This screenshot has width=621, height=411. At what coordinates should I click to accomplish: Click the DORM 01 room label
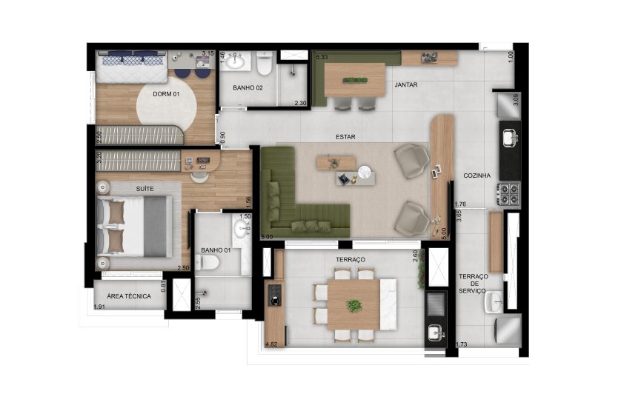tap(166, 94)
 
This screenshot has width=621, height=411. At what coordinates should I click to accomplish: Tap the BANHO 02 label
tap(248, 87)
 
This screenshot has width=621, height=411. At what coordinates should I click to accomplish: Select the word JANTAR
tap(406, 84)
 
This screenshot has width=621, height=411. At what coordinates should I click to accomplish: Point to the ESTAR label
tap(345, 136)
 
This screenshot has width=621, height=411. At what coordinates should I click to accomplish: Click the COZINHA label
tap(477, 176)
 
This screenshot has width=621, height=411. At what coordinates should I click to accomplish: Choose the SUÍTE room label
tap(145, 189)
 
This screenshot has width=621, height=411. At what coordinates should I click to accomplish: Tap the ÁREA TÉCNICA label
tap(129, 295)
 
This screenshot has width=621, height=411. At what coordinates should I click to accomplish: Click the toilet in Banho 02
tap(264, 63)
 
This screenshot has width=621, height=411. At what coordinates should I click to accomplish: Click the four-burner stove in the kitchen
tap(510, 193)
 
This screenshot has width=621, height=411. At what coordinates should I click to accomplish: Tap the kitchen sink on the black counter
tap(511, 138)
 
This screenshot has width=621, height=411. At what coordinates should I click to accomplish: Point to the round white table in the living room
tap(364, 172)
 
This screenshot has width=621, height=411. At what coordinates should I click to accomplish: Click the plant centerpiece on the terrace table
tap(354, 306)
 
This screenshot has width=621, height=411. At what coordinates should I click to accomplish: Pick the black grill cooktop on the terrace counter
tap(274, 295)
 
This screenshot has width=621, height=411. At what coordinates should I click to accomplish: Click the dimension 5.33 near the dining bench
tap(322, 57)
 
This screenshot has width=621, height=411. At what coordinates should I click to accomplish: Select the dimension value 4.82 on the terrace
tap(272, 344)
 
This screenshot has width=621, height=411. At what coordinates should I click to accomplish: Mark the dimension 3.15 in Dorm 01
tap(207, 53)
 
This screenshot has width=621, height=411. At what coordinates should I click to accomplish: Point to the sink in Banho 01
tap(241, 229)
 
